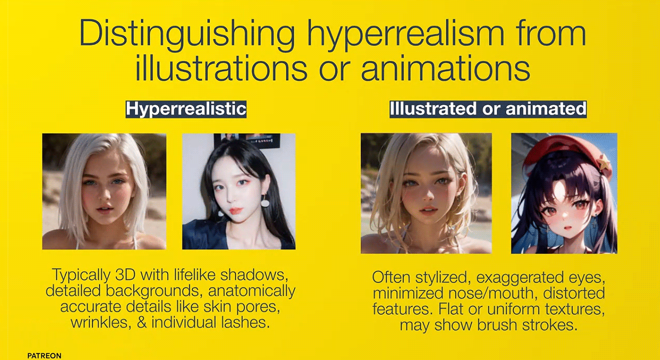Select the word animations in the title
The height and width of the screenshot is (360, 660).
(446, 67)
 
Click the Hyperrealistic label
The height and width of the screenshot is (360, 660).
(186, 109)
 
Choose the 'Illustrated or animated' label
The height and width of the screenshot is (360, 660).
(488, 109)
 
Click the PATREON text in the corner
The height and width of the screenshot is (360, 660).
(44, 356)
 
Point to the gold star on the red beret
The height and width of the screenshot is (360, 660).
(603, 164)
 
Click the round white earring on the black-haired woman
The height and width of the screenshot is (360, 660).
(265, 203)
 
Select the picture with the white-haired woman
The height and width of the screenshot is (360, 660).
(104, 191)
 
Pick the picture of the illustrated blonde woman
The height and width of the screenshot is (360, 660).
(426, 193)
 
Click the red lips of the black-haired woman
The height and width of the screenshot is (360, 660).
(236, 211)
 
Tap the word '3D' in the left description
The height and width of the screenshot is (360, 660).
(124, 275)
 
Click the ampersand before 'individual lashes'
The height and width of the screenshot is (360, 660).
(142, 322)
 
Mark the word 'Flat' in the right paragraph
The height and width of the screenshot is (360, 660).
(451, 309)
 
